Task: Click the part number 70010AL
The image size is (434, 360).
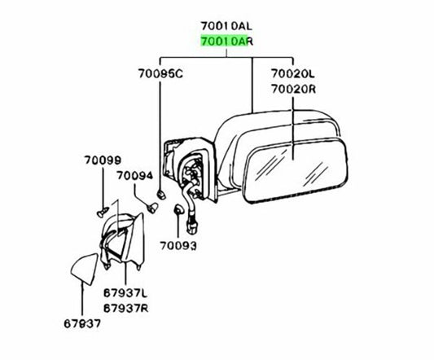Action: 226,26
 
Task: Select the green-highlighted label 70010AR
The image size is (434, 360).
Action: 226,42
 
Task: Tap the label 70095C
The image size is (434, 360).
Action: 160,73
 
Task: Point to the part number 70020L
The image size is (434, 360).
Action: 293,73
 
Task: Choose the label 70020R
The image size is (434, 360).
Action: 293,89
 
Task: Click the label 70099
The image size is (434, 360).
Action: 103,160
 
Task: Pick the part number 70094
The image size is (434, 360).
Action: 134,176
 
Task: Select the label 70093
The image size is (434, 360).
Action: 178,246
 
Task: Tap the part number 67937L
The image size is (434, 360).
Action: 125,292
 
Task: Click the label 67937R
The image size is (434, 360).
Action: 125,308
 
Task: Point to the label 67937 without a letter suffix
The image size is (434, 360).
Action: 82,323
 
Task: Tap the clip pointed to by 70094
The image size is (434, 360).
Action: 152,208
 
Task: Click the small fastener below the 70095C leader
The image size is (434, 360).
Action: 161,195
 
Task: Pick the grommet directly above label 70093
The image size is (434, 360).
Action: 178,209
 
